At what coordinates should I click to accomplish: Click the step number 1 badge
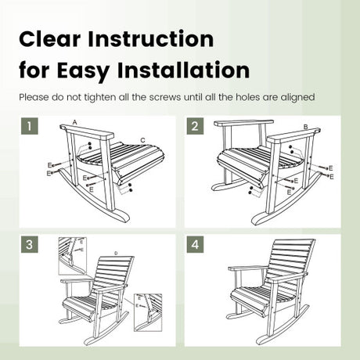30,126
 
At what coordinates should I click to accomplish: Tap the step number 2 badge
195,126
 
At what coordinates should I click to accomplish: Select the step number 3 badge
30,244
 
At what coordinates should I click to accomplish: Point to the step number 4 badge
195,244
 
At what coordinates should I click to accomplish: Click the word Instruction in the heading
151,39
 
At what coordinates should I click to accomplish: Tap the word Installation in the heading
183,70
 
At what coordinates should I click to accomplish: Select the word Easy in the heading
83,71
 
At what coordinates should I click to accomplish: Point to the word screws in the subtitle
165,97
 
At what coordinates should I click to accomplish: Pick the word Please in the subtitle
34,97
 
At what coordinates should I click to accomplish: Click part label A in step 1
75,122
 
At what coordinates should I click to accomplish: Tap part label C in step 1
142,140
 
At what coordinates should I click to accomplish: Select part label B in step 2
306,127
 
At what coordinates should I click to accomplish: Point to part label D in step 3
116,253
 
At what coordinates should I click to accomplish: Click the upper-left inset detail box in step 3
73,256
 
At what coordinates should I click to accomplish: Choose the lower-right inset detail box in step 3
148,312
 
